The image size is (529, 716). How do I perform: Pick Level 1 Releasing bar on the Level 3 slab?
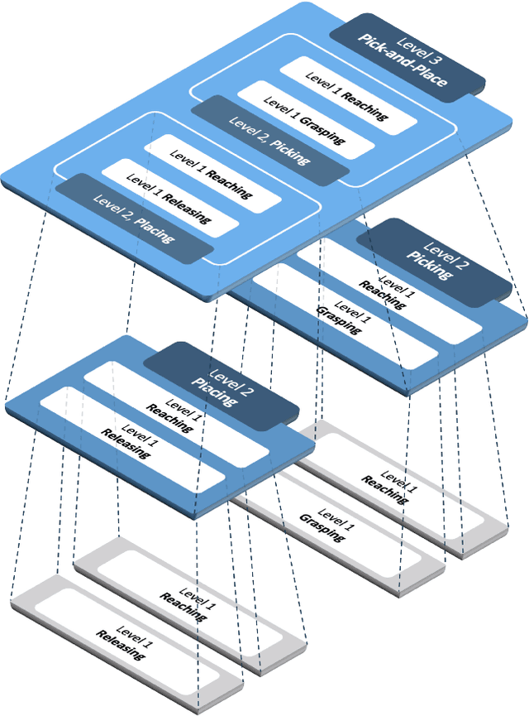169,202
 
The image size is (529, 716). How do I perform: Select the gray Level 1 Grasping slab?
326,525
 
